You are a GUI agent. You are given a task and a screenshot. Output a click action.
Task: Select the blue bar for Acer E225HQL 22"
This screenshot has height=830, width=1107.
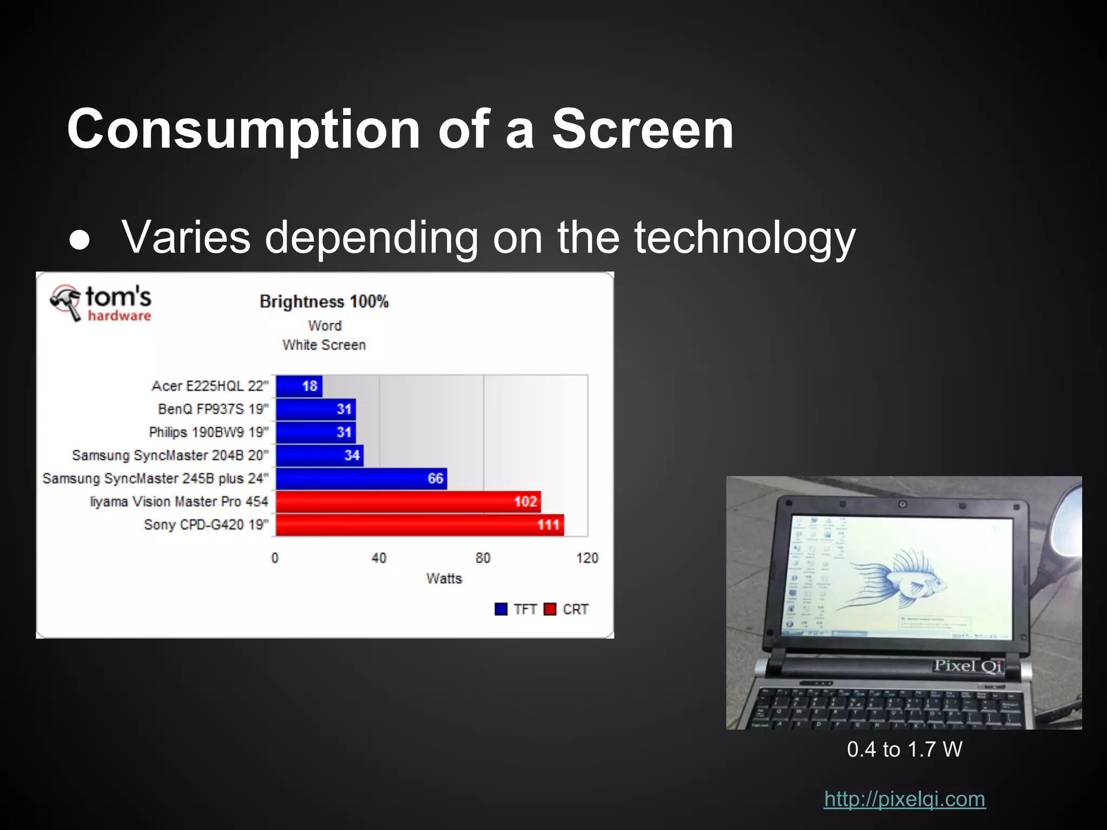[299, 386]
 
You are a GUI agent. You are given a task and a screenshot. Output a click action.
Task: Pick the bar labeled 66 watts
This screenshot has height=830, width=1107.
[361, 479]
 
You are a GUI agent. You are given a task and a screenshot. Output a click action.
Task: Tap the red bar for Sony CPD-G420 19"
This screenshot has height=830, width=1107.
[419, 525]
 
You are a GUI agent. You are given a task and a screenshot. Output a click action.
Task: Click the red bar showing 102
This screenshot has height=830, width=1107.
[408, 502]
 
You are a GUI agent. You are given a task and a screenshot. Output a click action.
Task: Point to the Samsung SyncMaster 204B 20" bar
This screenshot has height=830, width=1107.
[319, 456]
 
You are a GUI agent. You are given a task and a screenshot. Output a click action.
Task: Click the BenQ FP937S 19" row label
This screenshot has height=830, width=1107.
[213, 409]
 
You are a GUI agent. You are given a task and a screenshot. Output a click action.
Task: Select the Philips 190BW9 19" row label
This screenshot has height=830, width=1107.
[209, 432]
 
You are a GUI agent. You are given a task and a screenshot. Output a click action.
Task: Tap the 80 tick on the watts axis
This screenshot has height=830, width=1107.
[483, 558]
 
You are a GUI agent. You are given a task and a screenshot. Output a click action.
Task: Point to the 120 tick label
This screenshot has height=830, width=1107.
[587, 558]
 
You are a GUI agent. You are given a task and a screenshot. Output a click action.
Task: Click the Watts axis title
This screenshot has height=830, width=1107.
[444, 579]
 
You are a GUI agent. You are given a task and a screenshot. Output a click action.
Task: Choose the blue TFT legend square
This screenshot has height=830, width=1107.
[501, 610]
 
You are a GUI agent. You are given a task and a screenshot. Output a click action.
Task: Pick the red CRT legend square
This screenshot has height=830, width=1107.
[550, 610]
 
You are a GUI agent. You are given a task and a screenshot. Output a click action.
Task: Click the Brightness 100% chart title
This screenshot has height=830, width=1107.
[324, 302]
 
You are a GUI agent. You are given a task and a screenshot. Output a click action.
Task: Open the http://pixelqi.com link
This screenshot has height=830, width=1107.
[904, 799]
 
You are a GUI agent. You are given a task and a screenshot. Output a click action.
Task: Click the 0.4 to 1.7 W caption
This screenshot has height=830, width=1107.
[904, 749]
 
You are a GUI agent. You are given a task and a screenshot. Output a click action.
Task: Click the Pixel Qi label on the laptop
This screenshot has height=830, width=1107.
[968, 666]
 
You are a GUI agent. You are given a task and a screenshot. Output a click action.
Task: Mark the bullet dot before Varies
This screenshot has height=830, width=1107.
[80, 241]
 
